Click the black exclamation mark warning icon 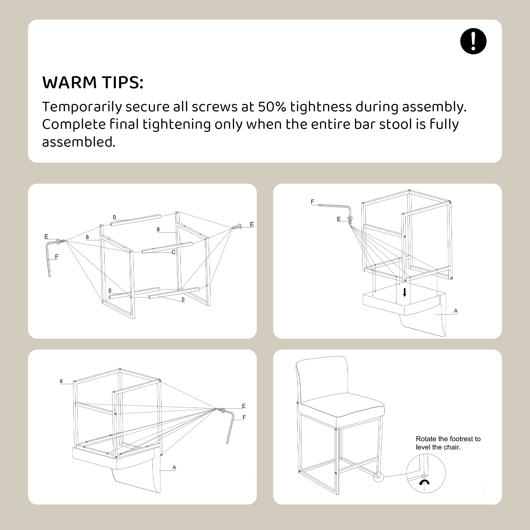pyautogui.click(x=473, y=41)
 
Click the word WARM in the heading pyautogui.click(x=70, y=82)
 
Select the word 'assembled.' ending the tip pyautogui.click(x=79, y=142)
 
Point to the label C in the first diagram pyautogui.click(x=173, y=252)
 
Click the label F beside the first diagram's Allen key pyautogui.click(x=57, y=257)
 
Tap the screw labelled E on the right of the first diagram pyautogui.click(x=236, y=227)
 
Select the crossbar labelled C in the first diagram pyautogui.click(x=167, y=248)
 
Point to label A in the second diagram pyautogui.click(x=456, y=311)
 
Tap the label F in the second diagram pyautogui.click(x=312, y=202)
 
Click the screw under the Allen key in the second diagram pyautogui.click(x=350, y=220)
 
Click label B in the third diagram pyautogui.click(x=61, y=381)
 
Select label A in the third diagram pyautogui.click(x=174, y=467)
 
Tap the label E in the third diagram pyautogui.click(x=244, y=406)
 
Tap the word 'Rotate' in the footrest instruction pyautogui.click(x=424, y=439)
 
